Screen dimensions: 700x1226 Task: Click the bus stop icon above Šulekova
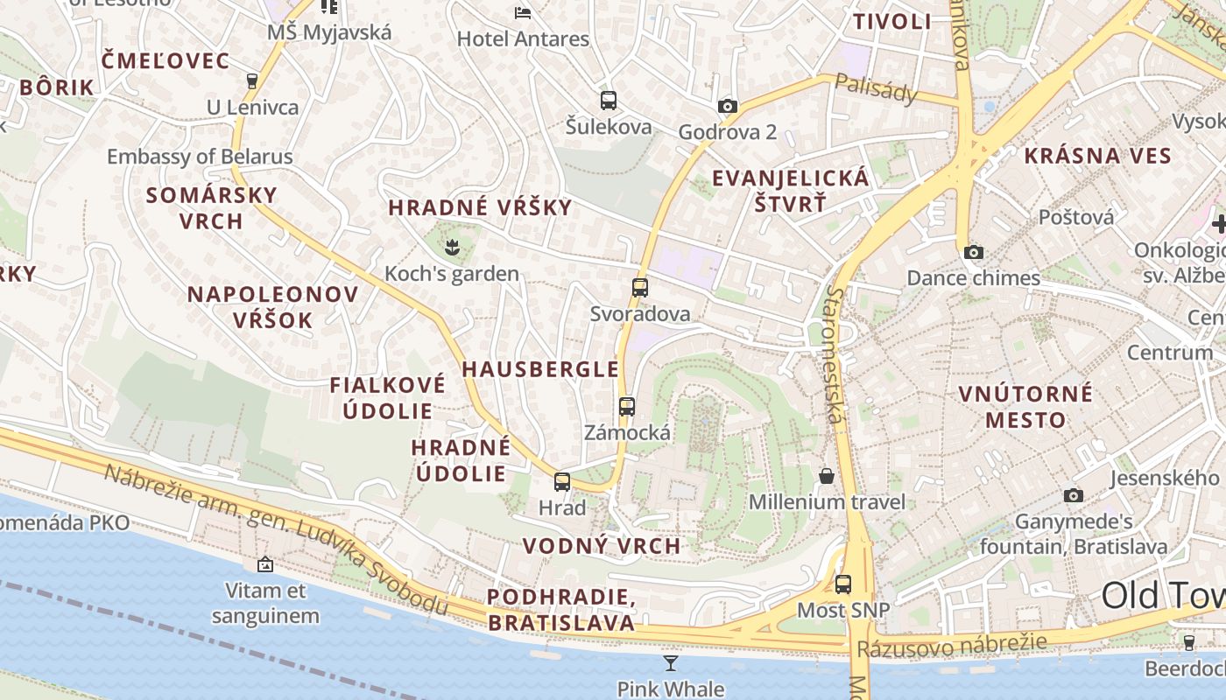[x=609, y=101]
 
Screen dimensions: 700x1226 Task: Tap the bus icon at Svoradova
[x=640, y=287]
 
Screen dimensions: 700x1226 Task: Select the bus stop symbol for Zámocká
[x=627, y=406]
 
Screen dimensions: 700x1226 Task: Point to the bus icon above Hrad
[x=562, y=481]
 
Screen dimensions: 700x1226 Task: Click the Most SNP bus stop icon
[x=843, y=584]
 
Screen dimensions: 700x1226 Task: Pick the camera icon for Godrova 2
[x=727, y=107]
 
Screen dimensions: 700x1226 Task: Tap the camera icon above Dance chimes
[x=973, y=253]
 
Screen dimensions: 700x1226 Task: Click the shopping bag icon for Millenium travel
[x=827, y=476]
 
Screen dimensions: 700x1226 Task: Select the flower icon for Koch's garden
[x=452, y=248]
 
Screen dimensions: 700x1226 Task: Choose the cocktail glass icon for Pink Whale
[x=671, y=663]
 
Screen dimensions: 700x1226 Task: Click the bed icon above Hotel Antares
[x=523, y=12]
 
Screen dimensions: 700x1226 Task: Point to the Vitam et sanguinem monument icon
[x=265, y=565]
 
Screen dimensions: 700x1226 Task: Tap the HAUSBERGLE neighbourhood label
[x=540, y=369]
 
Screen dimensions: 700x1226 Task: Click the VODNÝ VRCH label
[x=602, y=546]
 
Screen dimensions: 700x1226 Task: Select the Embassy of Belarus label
[x=200, y=157]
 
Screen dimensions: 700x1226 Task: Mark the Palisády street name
[x=876, y=87]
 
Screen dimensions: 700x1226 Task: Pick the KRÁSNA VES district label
[x=1097, y=157]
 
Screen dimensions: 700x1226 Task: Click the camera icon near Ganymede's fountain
[x=1073, y=496]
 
